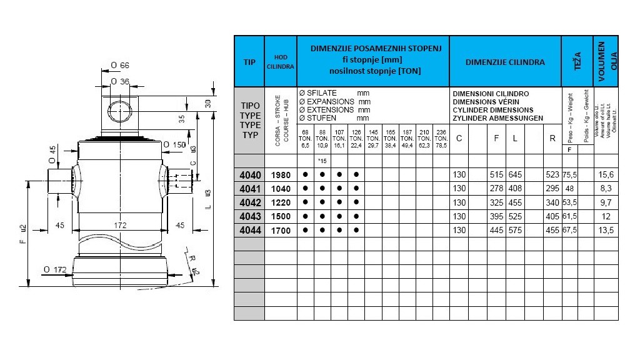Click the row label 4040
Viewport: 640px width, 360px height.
(249, 175)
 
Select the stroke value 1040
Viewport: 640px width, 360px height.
(281, 189)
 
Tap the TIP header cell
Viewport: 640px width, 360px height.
(249, 62)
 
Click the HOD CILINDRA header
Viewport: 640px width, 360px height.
(281, 62)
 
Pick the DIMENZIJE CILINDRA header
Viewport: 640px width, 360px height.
(505, 62)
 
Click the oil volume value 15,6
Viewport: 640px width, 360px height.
(606, 175)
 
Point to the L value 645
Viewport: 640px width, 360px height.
(515, 175)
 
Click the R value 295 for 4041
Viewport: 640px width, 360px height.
(552, 189)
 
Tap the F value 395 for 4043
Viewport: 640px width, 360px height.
(496, 216)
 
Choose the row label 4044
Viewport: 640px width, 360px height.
(249, 230)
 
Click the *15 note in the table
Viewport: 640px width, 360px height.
(322, 161)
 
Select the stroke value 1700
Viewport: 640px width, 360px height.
(281, 230)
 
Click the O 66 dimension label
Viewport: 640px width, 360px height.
(120, 66)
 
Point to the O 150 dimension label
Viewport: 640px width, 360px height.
(175, 145)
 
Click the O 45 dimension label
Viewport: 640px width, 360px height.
(52, 152)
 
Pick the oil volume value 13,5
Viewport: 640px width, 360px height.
(606, 230)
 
